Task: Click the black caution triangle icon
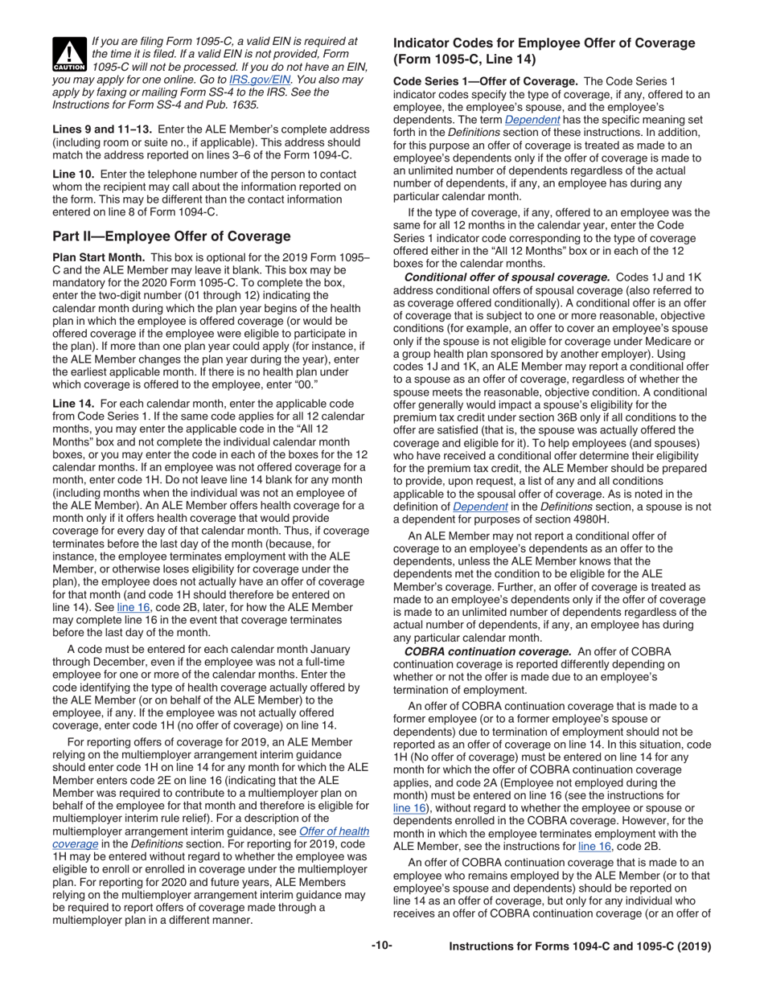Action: click(68, 54)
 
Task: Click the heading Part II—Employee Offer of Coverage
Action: click(171, 236)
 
